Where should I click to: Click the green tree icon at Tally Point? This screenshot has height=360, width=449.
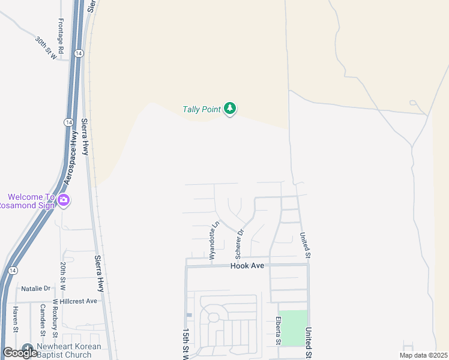click(x=230, y=109)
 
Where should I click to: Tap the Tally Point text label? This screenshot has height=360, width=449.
click(x=202, y=109)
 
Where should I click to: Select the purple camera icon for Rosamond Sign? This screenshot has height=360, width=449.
click(x=64, y=200)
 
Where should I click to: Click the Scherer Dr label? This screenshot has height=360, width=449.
click(x=240, y=240)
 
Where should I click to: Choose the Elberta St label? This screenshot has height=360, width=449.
click(x=279, y=331)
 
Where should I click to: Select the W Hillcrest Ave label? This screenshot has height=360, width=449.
click(x=75, y=301)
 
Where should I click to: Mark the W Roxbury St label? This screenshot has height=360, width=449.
click(x=55, y=318)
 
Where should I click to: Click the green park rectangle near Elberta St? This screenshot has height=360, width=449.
click(x=294, y=328)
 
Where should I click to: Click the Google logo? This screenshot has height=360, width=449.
click(x=20, y=353)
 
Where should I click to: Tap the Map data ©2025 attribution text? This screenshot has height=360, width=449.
click(x=424, y=355)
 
